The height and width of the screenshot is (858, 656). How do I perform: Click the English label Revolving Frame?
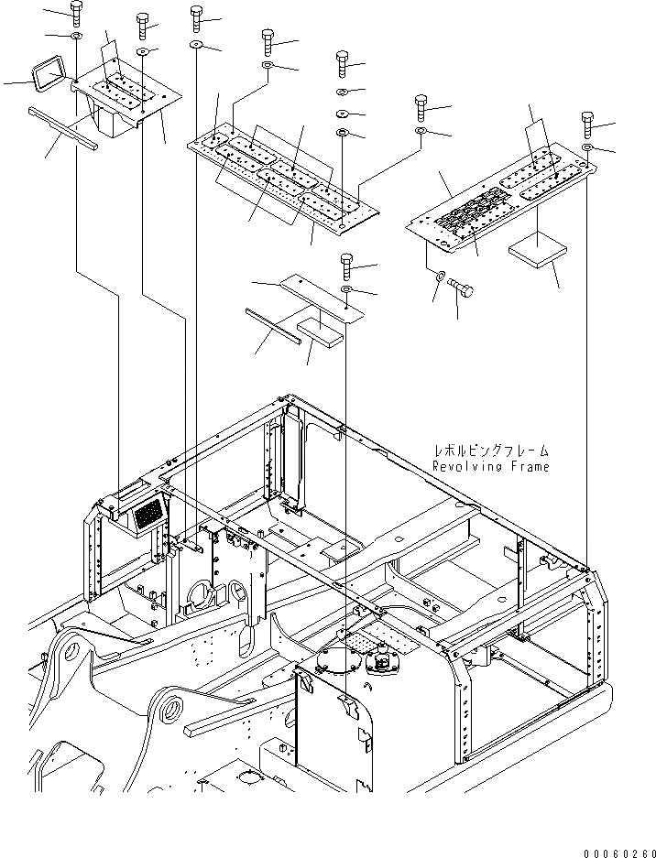(x=491, y=467)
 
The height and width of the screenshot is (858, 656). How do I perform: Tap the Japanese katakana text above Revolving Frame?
(x=492, y=451)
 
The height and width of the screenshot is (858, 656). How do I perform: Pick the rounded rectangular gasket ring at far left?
(x=45, y=73)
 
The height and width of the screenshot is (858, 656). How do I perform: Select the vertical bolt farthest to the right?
(x=587, y=123)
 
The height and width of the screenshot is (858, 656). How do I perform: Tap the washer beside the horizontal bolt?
(x=441, y=276)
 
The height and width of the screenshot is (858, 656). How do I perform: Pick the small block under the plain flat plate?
(x=321, y=331)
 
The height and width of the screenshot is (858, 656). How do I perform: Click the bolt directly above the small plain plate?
(x=346, y=266)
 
